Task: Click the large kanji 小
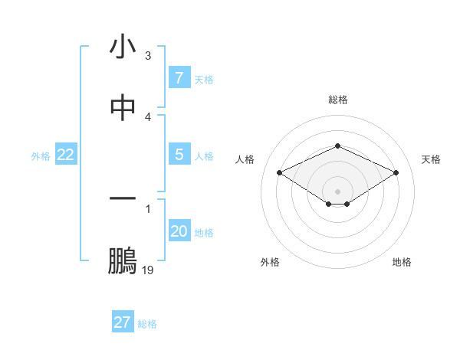tap(123, 47)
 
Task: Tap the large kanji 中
tap(123, 109)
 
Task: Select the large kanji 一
tap(123, 199)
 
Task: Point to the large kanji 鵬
tap(123, 260)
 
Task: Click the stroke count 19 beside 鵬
tap(148, 270)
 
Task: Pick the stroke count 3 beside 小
tap(148, 56)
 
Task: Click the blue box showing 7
tap(179, 77)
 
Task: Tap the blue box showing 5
tap(179, 155)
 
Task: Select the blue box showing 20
tap(179, 231)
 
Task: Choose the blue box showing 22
tap(66, 155)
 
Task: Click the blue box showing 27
tap(123, 322)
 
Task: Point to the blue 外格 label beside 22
tap(41, 155)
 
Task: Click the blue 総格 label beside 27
tap(147, 323)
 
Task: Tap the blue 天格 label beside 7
tap(204, 79)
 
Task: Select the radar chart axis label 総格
tap(337, 100)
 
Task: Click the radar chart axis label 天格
tap(431, 159)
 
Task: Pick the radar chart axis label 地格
tap(402, 262)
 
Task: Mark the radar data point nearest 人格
tap(280, 173)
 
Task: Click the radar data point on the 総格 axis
tap(337, 145)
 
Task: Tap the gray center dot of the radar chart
tap(337, 191)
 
